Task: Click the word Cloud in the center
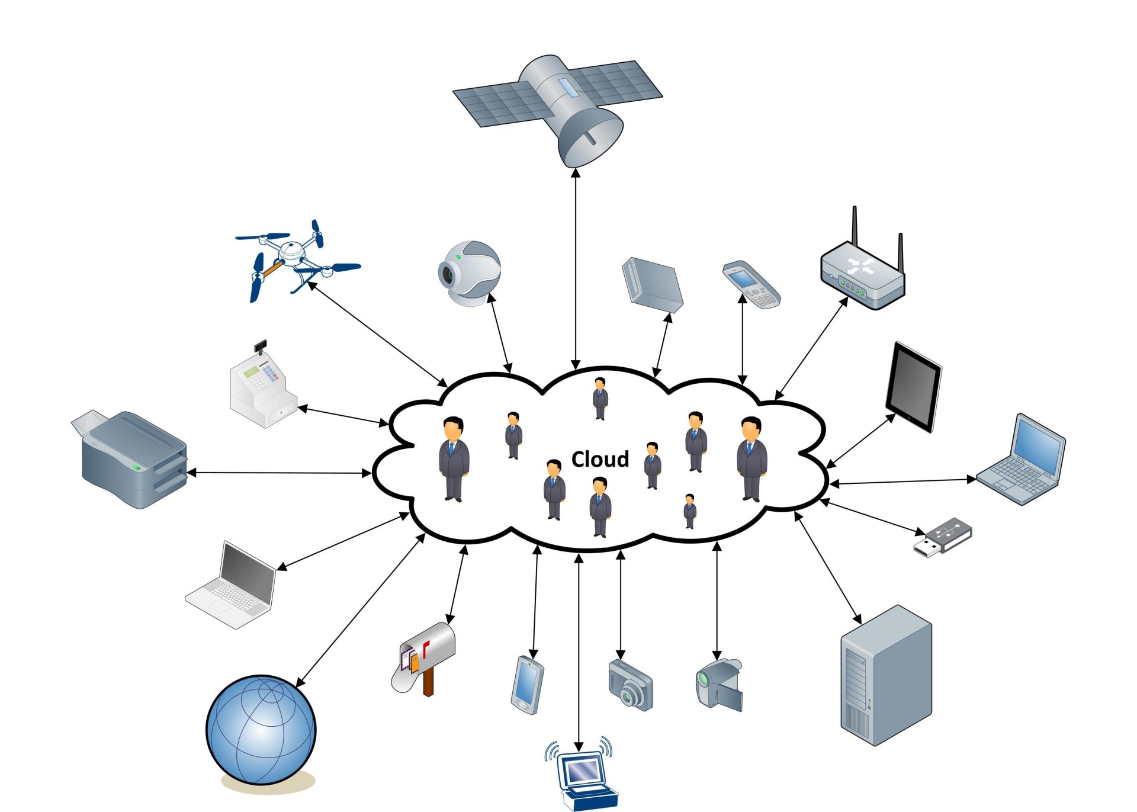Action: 599,459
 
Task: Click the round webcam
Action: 469,273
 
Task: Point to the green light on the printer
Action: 137,468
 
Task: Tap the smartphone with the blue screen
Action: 527,684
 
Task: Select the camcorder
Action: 718,684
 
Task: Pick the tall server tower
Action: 886,675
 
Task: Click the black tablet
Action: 913,387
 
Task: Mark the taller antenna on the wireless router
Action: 855,228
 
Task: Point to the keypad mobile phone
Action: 751,284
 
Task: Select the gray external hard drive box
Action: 652,284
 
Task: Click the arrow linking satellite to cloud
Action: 576,267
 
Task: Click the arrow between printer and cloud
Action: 278,473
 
